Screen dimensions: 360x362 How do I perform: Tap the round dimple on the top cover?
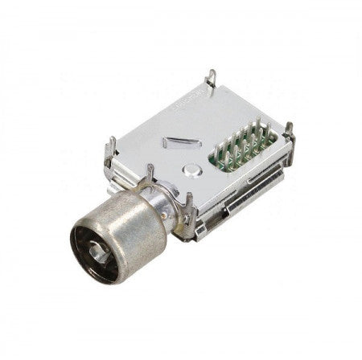192,170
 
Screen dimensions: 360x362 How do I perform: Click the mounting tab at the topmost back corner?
211,79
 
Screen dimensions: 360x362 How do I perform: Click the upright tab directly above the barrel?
150,173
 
